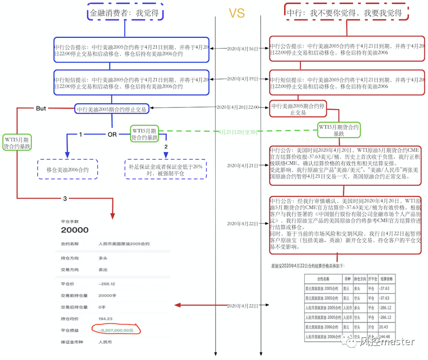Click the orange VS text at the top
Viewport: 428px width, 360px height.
(x=236, y=13)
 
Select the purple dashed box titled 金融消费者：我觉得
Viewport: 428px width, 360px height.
(x=125, y=13)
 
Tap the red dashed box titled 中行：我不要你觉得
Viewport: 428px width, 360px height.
(x=347, y=13)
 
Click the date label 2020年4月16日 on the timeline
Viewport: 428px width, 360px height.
(x=243, y=49)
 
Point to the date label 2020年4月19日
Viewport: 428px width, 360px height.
(x=243, y=79)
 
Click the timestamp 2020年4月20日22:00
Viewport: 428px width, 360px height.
(x=238, y=107)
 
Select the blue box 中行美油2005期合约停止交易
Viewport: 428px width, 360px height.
(x=112, y=108)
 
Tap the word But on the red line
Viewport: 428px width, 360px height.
(x=41, y=108)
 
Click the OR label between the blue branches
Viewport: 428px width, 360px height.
(x=112, y=134)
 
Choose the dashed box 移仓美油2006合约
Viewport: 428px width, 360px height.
(x=67, y=170)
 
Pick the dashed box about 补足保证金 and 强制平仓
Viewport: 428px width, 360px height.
(x=166, y=169)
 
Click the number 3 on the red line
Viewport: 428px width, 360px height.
(x=65, y=198)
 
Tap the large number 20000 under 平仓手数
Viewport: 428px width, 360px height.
(x=75, y=230)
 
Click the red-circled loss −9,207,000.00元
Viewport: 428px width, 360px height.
(x=116, y=330)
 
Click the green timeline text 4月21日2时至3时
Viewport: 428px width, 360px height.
(x=238, y=132)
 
